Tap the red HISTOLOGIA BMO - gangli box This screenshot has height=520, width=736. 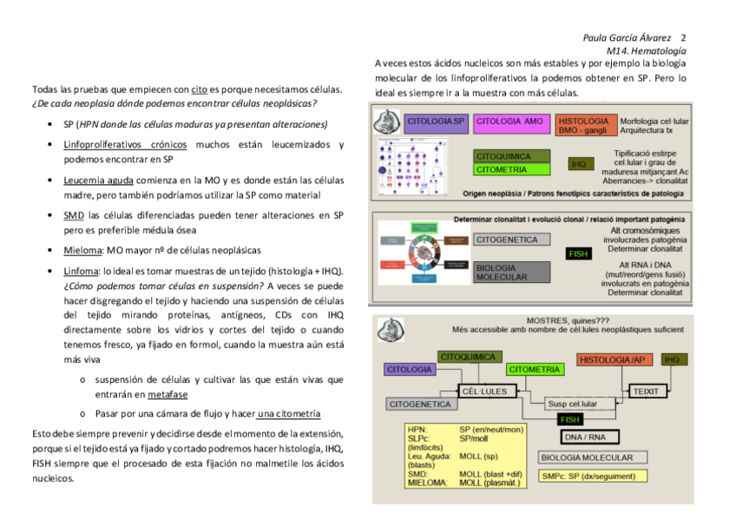click(x=584, y=124)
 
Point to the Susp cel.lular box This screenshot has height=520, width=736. click(x=570, y=404)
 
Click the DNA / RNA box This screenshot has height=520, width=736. click(x=585, y=436)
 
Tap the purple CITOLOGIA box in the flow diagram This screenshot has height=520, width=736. click(x=410, y=370)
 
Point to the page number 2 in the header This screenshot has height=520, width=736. click(x=684, y=38)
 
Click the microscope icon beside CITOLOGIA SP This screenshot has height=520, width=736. click(x=385, y=122)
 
